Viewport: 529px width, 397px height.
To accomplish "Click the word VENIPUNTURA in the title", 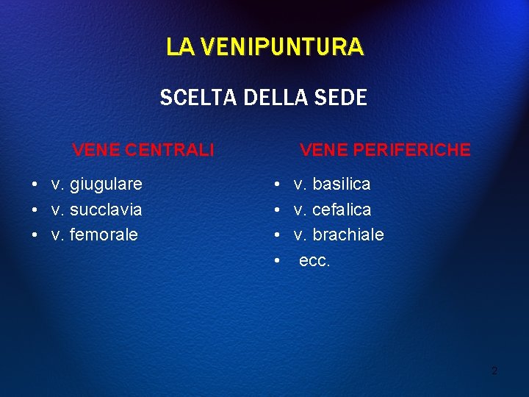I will (x=281, y=47).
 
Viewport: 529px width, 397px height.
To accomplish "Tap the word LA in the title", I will (x=180, y=47).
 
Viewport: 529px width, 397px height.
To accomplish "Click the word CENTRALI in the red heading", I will (x=170, y=150).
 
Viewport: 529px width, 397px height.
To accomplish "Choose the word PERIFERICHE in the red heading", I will (x=414, y=150).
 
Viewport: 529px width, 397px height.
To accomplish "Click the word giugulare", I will (x=106, y=184).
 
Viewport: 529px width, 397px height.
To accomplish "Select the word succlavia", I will (x=106, y=210).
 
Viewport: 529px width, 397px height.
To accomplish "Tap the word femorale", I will (x=104, y=235).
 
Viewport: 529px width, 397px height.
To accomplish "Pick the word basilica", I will (x=342, y=184).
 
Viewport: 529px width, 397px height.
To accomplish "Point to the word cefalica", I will (x=342, y=210).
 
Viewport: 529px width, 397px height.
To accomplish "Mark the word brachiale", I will (x=348, y=235).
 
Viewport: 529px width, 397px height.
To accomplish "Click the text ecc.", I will (x=314, y=261).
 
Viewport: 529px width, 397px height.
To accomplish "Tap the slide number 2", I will (x=494, y=371).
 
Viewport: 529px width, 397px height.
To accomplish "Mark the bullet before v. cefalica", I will (x=276, y=210).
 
